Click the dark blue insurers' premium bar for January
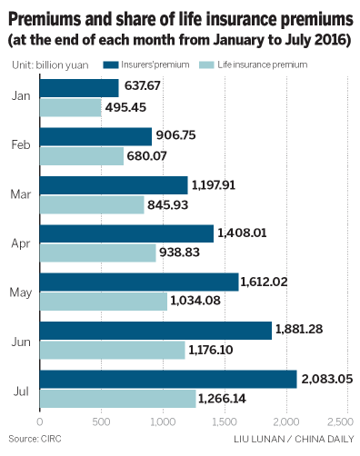[x=79, y=88]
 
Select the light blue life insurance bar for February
[x=82, y=156]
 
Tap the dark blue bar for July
[x=168, y=379]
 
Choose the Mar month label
[x=23, y=193]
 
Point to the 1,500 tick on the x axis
[x=224, y=423]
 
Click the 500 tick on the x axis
[x=101, y=423]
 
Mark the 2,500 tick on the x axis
[x=346, y=423]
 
